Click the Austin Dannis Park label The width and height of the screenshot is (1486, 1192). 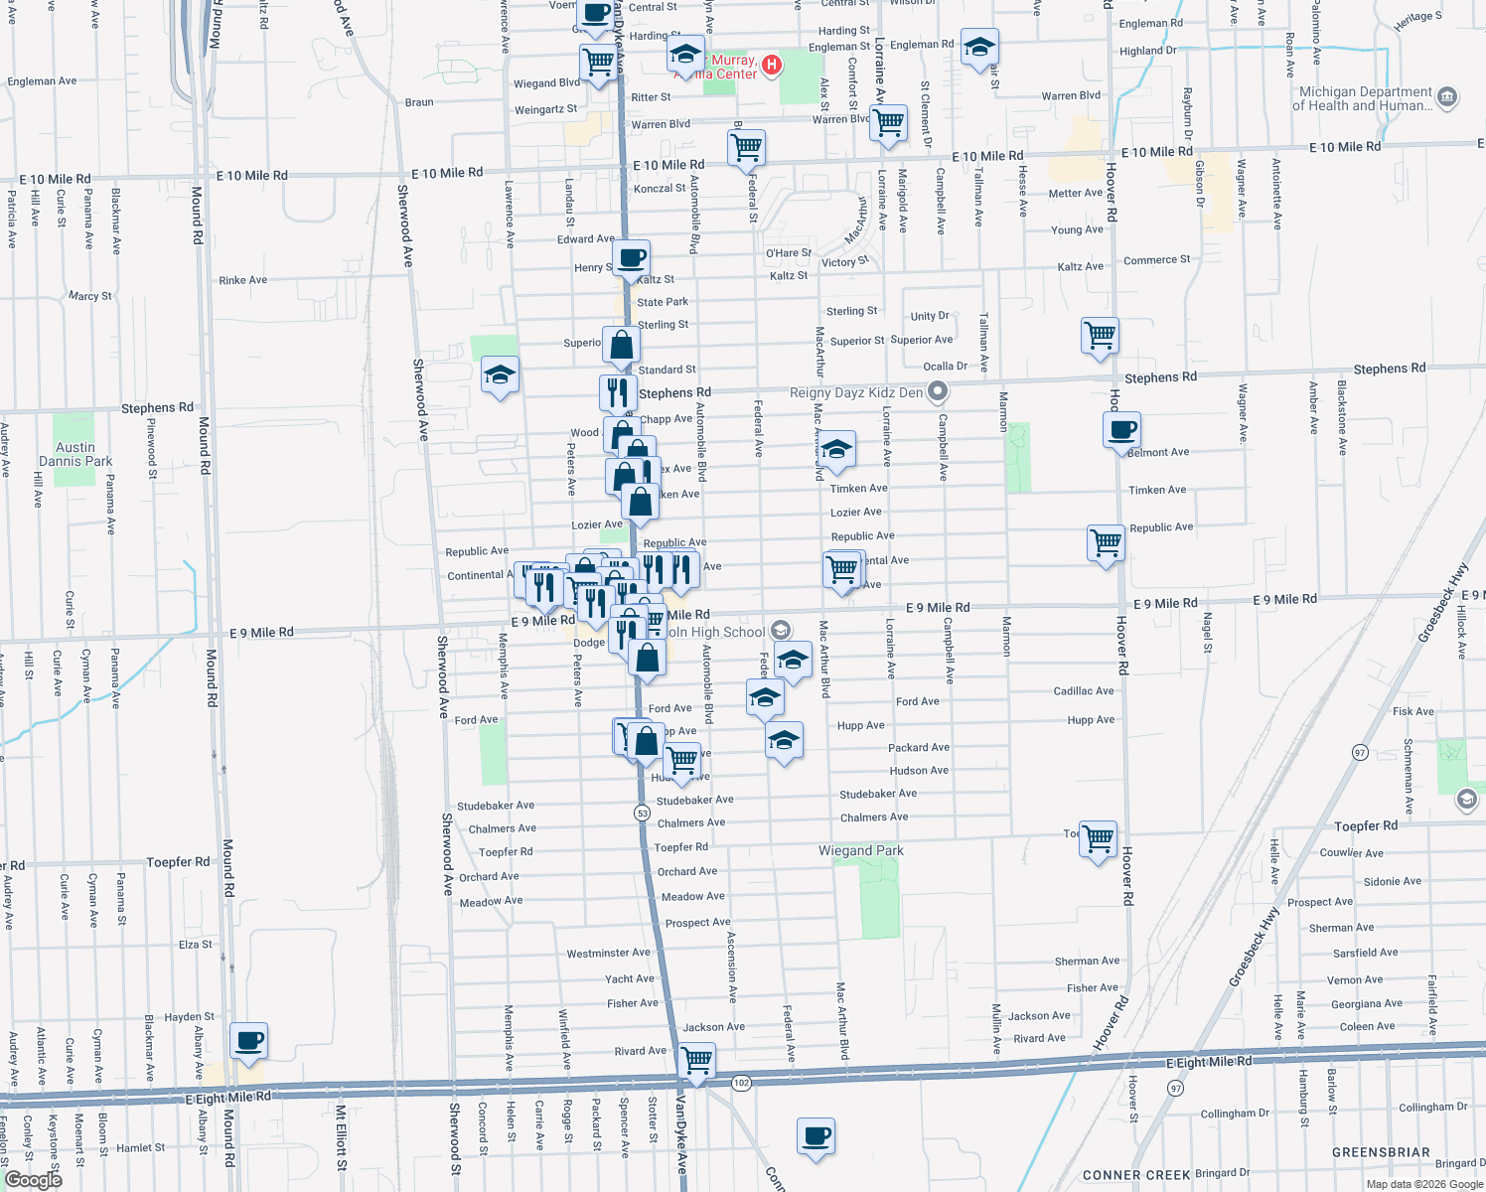click(75, 454)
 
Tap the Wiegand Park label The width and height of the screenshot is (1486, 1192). click(860, 850)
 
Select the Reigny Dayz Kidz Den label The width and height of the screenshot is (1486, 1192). click(856, 392)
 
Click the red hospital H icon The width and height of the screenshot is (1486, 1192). click(771, 66)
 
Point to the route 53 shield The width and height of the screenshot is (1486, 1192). click(643, 813)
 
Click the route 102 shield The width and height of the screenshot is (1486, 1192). click(741, 1083)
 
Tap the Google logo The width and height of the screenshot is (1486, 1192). click(33, 1180)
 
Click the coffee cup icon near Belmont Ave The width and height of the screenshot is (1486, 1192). click(1121, 431)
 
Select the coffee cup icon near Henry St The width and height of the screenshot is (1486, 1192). click(632, 258)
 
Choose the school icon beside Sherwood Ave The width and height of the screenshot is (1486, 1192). click(500, 375)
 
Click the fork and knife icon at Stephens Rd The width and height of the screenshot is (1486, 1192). click(618, 391)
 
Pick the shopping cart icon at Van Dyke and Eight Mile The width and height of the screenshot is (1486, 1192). click(697, 1059)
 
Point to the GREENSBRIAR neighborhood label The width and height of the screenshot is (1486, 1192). click(1381, 1152)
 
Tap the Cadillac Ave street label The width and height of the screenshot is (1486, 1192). click(1084, 690)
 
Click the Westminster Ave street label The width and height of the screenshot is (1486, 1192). click(608, 953)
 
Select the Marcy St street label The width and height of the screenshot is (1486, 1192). click(89, 296)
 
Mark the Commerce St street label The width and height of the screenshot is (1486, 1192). click(1156, 260)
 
